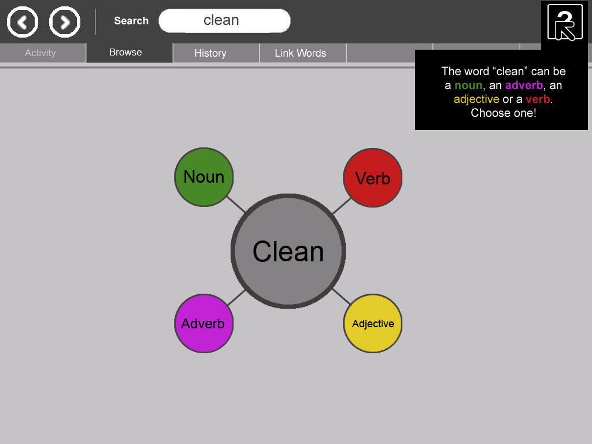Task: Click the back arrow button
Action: [23, 22]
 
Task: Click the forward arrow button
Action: [65, 22]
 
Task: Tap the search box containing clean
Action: [225, 20]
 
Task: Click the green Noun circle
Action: [204, 177]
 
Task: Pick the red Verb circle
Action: [373, 178]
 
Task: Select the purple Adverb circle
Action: [204, 324]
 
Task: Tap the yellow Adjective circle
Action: [373, 324]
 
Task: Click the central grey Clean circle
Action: [288, 251]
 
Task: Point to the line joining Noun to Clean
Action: [236, 204]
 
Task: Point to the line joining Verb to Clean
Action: [342, 206]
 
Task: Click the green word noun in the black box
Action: [468, 86]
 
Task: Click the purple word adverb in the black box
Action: [524, 86]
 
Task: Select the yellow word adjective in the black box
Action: [476, 99]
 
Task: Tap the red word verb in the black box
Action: [538, 99]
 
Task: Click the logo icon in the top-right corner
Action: [565, 23]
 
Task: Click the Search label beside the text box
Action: [131, 21]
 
